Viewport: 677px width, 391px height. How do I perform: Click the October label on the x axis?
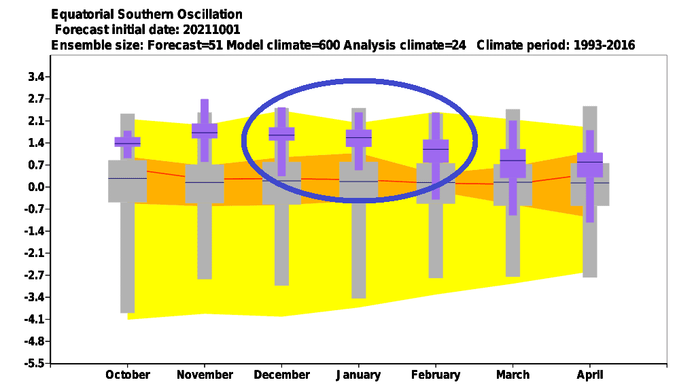tap(127, 375)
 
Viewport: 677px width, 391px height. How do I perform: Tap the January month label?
tap(358, 375)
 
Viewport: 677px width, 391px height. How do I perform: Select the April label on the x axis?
tap(590, 375)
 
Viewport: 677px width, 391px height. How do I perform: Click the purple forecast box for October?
tap(127, 141)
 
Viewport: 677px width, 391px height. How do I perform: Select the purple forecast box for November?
tap(204, 131)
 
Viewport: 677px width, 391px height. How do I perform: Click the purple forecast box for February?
tap(436, 151)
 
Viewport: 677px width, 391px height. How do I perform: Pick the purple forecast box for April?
tap(590, 165)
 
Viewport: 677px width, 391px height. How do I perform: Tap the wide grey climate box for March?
tap(513, 185)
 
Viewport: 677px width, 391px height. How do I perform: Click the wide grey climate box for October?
tap(127, 181)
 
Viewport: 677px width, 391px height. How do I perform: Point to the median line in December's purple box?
tap(281, 135)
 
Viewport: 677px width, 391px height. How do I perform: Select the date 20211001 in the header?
tap(211, 29)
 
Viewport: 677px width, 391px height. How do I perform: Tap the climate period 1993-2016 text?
tap(604, 45)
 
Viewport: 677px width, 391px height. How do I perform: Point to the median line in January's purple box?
tap(358, 137)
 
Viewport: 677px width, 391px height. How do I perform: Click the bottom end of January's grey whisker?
tap(358, 298)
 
